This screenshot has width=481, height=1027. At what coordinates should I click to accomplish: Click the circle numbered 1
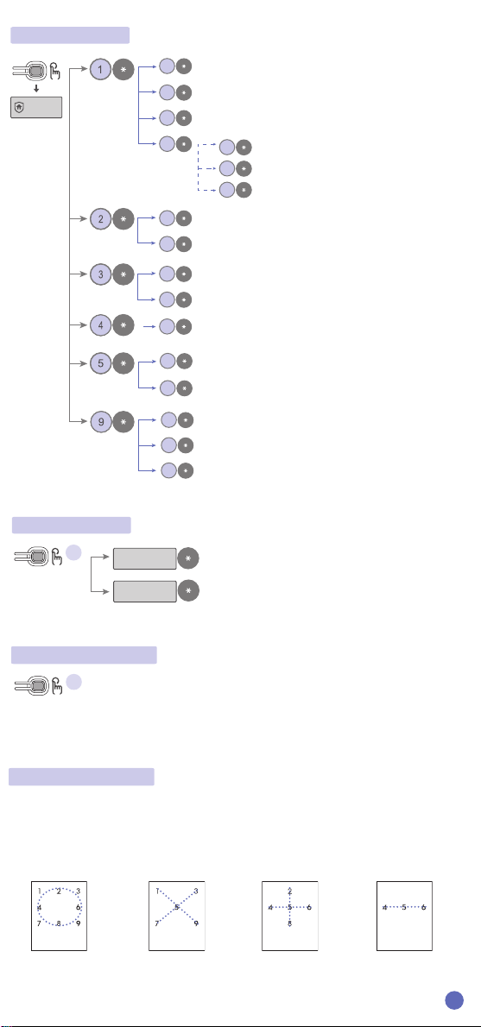point(100,68)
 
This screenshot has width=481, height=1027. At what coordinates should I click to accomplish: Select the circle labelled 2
point(100,219)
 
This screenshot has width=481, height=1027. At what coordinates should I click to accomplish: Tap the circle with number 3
point(100,275)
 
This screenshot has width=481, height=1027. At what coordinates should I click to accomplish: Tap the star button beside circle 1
point(123,68)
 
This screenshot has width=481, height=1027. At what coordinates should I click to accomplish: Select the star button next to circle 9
point(123,423)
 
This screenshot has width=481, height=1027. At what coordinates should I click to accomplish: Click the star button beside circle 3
point(123,275)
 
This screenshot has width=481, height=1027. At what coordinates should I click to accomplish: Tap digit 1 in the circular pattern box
point(40,891)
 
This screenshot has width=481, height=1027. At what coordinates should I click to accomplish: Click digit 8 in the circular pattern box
point(59,924)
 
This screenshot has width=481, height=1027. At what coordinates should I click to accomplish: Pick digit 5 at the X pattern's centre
point(176,907)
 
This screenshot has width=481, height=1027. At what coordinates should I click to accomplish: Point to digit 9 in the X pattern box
point(196,923)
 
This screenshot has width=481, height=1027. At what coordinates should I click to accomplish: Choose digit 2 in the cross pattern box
point(289,892)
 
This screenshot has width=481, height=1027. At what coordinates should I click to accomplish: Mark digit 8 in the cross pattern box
point(289,923)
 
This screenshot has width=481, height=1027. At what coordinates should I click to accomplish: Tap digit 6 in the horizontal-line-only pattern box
point(424,907)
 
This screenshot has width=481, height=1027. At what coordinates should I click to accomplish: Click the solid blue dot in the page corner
point(454,1000)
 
